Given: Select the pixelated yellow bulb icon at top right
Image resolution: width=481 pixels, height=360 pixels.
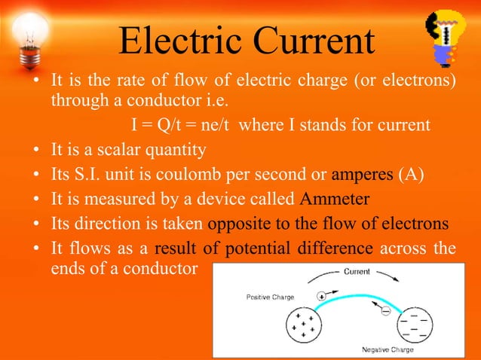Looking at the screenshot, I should (449, 38).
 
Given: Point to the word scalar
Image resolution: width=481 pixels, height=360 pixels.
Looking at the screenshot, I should (124, 150).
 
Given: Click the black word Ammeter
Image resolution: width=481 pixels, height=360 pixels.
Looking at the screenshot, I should (331, 200).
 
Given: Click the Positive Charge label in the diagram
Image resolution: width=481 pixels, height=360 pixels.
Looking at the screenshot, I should (271, 297).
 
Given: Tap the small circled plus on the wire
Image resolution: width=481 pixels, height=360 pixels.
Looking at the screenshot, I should (322, 297).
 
